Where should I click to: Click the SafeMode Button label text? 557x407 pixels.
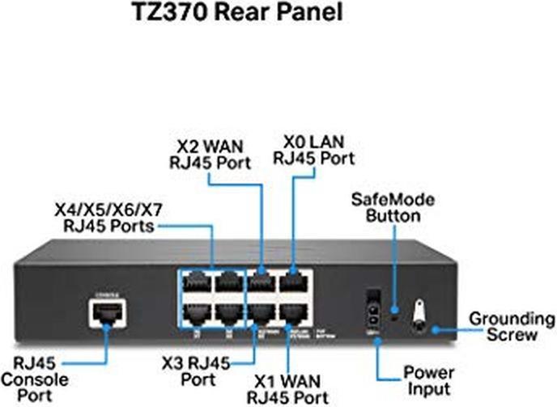393,207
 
